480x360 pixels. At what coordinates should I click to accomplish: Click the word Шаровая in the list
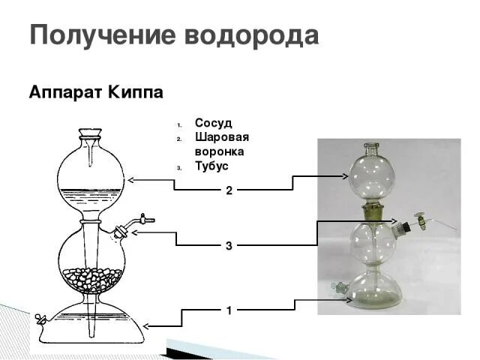[x=221, y=137]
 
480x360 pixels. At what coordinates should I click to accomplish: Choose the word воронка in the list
[x=220, y=151]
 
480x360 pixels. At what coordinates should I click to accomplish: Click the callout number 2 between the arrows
[x=229, y=190]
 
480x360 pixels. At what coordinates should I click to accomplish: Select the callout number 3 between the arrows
[x=229, y=245]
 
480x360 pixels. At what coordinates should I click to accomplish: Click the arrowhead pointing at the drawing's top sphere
[x=131, y=179]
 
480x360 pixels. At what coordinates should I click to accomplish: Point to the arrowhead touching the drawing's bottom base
[x=146, y=325]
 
